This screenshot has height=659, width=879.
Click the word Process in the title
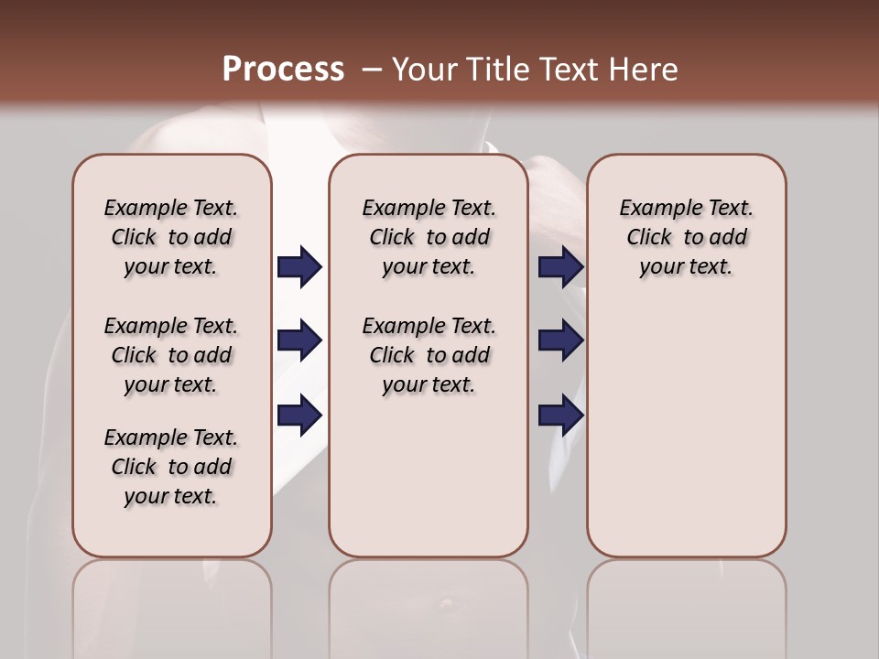[x=283, y=70]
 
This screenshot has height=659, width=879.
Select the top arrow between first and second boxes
[x=300, y=267]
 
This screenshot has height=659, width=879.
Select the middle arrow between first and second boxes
[x=300, y=341]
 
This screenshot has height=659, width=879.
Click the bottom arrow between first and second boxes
[x=300, y=416]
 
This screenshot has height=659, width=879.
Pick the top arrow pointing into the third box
[x=560, y=267]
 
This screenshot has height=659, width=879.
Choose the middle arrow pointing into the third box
[x=560, y=341]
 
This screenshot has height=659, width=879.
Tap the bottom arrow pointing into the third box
[x=560, y=416]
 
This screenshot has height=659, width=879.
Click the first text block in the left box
[x=171, y=237]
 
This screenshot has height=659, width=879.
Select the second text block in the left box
[x=171, y=355]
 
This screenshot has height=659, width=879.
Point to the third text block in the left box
[x=171, y=467]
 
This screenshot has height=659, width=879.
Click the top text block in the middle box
[x=429, y=237]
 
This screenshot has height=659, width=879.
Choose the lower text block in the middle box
[x=429, y=355]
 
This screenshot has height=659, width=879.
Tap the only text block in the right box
[x=686, y=237]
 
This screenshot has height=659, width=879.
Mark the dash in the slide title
[x=372, y=70]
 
